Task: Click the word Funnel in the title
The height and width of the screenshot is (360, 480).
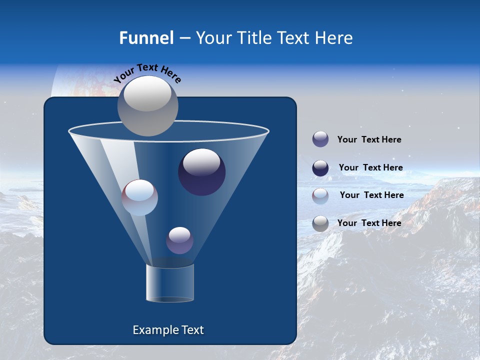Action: point(146,38)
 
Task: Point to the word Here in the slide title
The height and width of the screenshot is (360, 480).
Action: point(332,38)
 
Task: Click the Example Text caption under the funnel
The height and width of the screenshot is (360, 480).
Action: point(168,330)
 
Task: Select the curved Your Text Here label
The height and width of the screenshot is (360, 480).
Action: point(147,73)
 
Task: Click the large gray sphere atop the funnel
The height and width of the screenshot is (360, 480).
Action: point(147,106)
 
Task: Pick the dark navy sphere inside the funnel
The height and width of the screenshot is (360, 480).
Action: point(201,171)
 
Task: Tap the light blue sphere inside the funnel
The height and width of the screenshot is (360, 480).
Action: point(139,197)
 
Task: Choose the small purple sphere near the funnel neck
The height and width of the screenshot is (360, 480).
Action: point(179,240)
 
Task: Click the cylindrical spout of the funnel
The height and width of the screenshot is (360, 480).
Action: point(169,283)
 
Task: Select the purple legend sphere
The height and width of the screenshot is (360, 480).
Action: point(320,139)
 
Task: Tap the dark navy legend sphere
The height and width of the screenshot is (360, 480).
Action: point(320,168)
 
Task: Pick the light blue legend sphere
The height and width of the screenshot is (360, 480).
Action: point(320,195)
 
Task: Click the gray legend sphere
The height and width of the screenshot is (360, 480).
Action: point(320,223)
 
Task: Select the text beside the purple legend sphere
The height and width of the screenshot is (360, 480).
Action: point(369,139)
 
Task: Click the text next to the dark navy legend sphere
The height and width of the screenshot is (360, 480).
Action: point(370,167)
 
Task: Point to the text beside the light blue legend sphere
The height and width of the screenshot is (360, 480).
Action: point(371,195)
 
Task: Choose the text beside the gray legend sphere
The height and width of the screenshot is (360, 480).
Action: point(369,223)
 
